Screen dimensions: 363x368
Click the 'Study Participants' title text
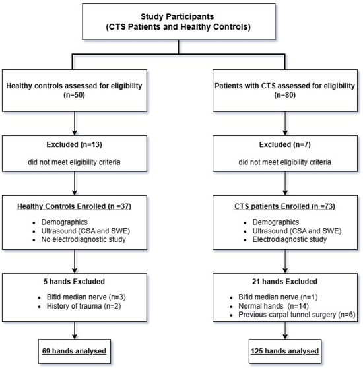[x=178, y=16]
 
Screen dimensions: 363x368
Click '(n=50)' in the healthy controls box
[x=74, y=95]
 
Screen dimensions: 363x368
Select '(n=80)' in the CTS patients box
[x=285, y=95]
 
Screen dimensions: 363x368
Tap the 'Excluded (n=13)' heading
[x=74, y=144]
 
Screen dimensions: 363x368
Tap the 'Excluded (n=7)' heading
[x=285, y=144]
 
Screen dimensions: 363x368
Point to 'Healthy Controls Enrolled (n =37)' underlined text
[x=74, y=206]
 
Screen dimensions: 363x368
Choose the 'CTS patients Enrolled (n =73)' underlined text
[x=285, y=206]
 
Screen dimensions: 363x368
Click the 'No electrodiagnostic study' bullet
[x=83, y=239]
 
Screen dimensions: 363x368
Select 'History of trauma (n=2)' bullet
[x=84, y=306]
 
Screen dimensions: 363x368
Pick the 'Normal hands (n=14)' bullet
[x=273, y=306]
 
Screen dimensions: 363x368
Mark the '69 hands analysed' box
[x=75, y=352]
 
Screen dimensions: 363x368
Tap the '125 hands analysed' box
[x=285, y=352]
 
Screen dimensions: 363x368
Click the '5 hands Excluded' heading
[x=74, y=282]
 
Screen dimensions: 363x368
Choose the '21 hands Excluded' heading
[x=285, y=282]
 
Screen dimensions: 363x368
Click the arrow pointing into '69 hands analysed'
[x=75, y=330]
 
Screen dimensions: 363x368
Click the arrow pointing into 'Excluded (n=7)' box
[x=285, y=123]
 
